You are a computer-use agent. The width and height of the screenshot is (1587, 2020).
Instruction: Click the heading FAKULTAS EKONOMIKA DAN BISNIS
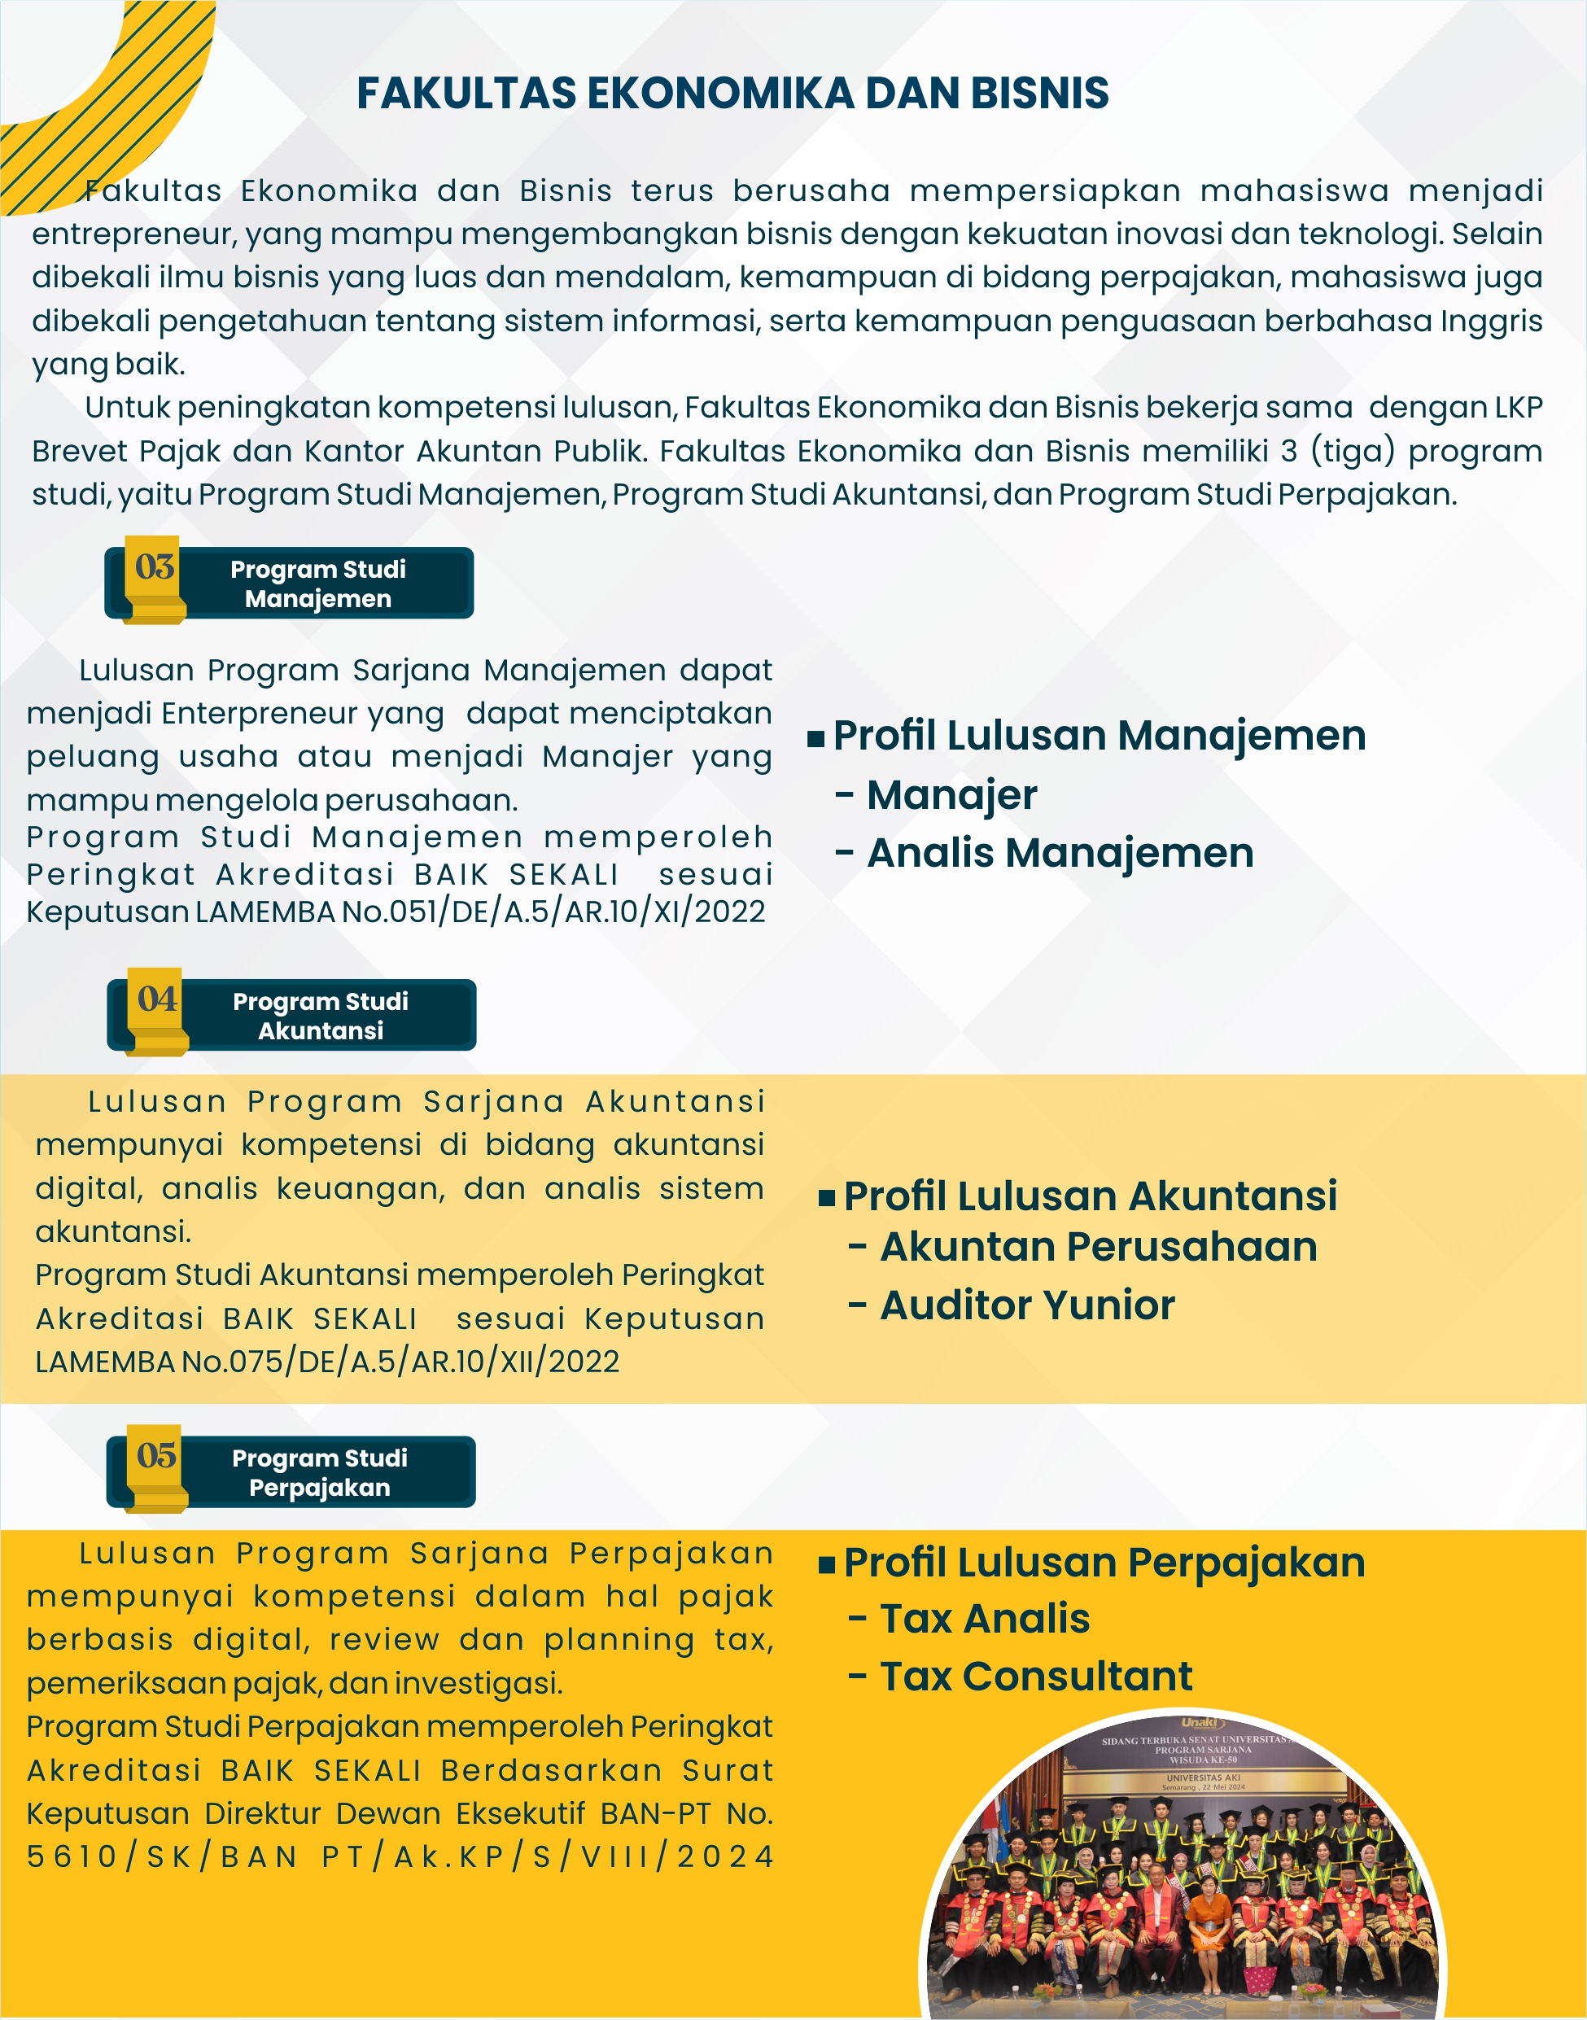732,93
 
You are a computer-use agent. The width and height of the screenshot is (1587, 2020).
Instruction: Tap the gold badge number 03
155,566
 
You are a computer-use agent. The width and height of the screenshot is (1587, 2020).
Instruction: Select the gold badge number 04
157,999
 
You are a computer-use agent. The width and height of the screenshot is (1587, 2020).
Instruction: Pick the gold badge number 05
156,1455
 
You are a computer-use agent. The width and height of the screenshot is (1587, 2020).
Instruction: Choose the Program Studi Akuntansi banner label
321,1016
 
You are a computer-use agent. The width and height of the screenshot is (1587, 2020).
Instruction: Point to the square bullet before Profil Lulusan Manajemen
815,740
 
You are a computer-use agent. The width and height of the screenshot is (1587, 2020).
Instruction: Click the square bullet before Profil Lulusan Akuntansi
827,1199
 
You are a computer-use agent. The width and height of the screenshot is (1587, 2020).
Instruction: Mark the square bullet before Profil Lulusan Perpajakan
827,1566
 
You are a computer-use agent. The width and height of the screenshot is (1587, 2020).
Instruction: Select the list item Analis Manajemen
1060,853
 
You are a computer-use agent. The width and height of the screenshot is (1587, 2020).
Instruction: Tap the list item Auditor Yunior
1027,1305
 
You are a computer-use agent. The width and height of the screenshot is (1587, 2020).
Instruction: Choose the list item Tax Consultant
1035,1677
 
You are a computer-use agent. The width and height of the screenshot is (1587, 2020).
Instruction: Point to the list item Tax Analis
984,1619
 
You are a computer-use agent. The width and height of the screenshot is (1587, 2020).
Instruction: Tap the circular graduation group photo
1182,1887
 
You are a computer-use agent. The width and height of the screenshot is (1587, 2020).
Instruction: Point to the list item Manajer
951,795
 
